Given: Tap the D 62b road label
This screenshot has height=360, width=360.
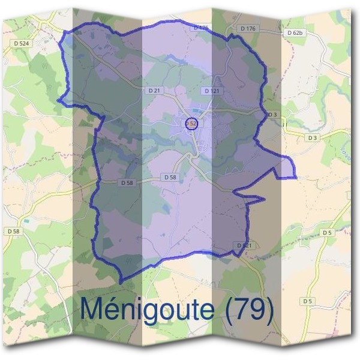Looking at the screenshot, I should (x=295, y=32).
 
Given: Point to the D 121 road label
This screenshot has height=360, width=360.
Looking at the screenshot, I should (x=211, y=91).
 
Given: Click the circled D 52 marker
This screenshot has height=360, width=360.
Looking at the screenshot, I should (x=191, y=123).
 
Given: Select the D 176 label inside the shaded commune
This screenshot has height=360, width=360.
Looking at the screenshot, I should (x=201, y=28).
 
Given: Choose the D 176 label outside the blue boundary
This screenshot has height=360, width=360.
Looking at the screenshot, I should (x=247, y=28).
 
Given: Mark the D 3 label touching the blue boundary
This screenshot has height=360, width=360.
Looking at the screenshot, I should (x=272, y=114).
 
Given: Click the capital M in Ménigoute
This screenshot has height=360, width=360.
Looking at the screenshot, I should (x=94, y=308).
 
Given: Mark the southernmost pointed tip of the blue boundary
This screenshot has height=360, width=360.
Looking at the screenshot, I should (x=121, y=283).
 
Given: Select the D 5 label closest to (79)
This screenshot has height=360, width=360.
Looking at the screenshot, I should (x=307, y=301).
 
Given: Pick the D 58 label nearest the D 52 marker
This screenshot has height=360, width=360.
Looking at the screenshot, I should (x=170, y=177).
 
